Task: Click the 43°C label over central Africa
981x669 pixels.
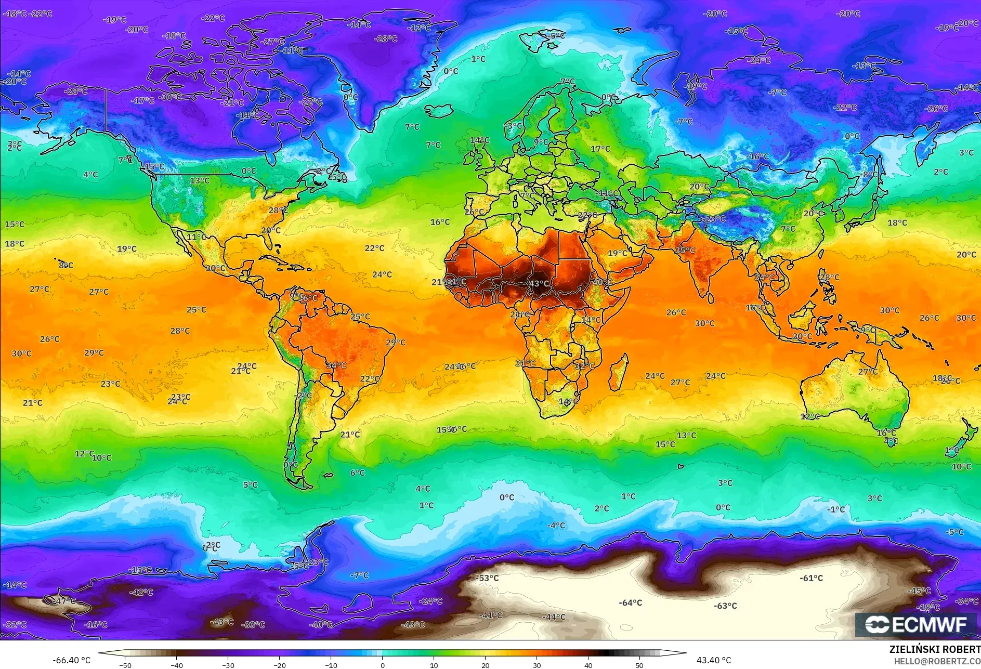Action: click(x=539, y=284)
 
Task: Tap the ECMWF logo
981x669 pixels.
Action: click(x=916, y=624)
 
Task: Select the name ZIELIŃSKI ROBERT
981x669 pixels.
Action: click(x=934, y=649)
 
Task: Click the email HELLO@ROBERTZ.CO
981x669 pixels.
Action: click(x=937, y=661)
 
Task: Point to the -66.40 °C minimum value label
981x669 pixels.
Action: click(x=71, y=660)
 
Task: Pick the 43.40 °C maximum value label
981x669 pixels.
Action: click(x=713, y=660)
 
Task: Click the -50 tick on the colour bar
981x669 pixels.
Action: click(x=125, y=665)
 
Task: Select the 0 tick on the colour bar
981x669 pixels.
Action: click(x=383, y=665)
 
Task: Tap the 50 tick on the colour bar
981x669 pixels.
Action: click(x=639, y=665)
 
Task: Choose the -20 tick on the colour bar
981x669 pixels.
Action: click(x=280, y=665)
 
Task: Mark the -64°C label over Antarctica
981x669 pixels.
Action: click(x=630, y=603)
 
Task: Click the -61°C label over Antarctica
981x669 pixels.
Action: click(x=811, y=578)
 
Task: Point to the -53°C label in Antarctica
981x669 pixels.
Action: click(x=487, y=578)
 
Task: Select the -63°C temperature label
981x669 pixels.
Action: click(x=725, y=606)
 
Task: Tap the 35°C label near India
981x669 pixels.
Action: click(x=685, y=251)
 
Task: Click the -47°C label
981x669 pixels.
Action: click(x=64, y=601)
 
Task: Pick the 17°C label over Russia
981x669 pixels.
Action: click(x=600, y=149)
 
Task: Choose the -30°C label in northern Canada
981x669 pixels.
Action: click(x=169, y=97)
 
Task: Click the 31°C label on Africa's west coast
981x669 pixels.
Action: click(x=525, y=363)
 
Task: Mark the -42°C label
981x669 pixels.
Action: click(x=141, y=592)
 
